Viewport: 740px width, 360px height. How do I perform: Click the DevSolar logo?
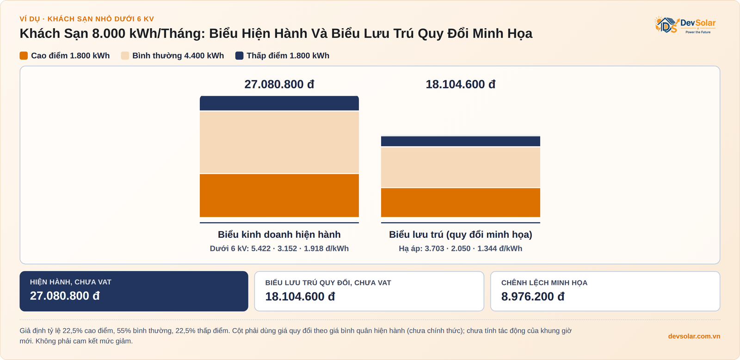(685, 25)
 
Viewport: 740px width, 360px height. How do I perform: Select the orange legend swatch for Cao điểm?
(24, 56)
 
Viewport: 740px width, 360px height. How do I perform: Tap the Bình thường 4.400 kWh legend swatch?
(125, 56)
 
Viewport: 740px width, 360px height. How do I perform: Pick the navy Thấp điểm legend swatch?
(239, 56)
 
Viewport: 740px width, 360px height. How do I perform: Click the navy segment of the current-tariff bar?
(279, 103)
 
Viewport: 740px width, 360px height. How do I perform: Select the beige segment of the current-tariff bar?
(279, 142)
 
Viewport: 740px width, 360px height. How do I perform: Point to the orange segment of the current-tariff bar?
(279, 195)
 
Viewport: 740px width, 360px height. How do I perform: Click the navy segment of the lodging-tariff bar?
(461, 141)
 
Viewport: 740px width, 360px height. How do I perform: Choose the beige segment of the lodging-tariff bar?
(461, 167)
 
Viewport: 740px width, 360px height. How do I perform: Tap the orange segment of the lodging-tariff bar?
(461, 203)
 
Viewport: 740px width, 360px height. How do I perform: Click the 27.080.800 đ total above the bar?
(279, 84)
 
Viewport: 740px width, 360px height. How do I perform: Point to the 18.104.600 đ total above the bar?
(461, 84)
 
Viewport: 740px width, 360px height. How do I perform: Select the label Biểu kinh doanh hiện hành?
(279, 235)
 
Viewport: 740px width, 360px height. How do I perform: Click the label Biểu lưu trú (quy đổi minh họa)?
(461, 235)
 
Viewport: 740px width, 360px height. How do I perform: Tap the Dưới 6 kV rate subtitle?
(279, 248)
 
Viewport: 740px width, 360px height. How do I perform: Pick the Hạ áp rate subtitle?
(461, 248)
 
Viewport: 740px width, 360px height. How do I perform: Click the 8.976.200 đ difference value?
(532, 297)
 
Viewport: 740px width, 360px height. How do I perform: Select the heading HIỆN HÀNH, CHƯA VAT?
(71, 282)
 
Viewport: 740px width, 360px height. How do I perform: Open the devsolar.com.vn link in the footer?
(694, 336)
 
